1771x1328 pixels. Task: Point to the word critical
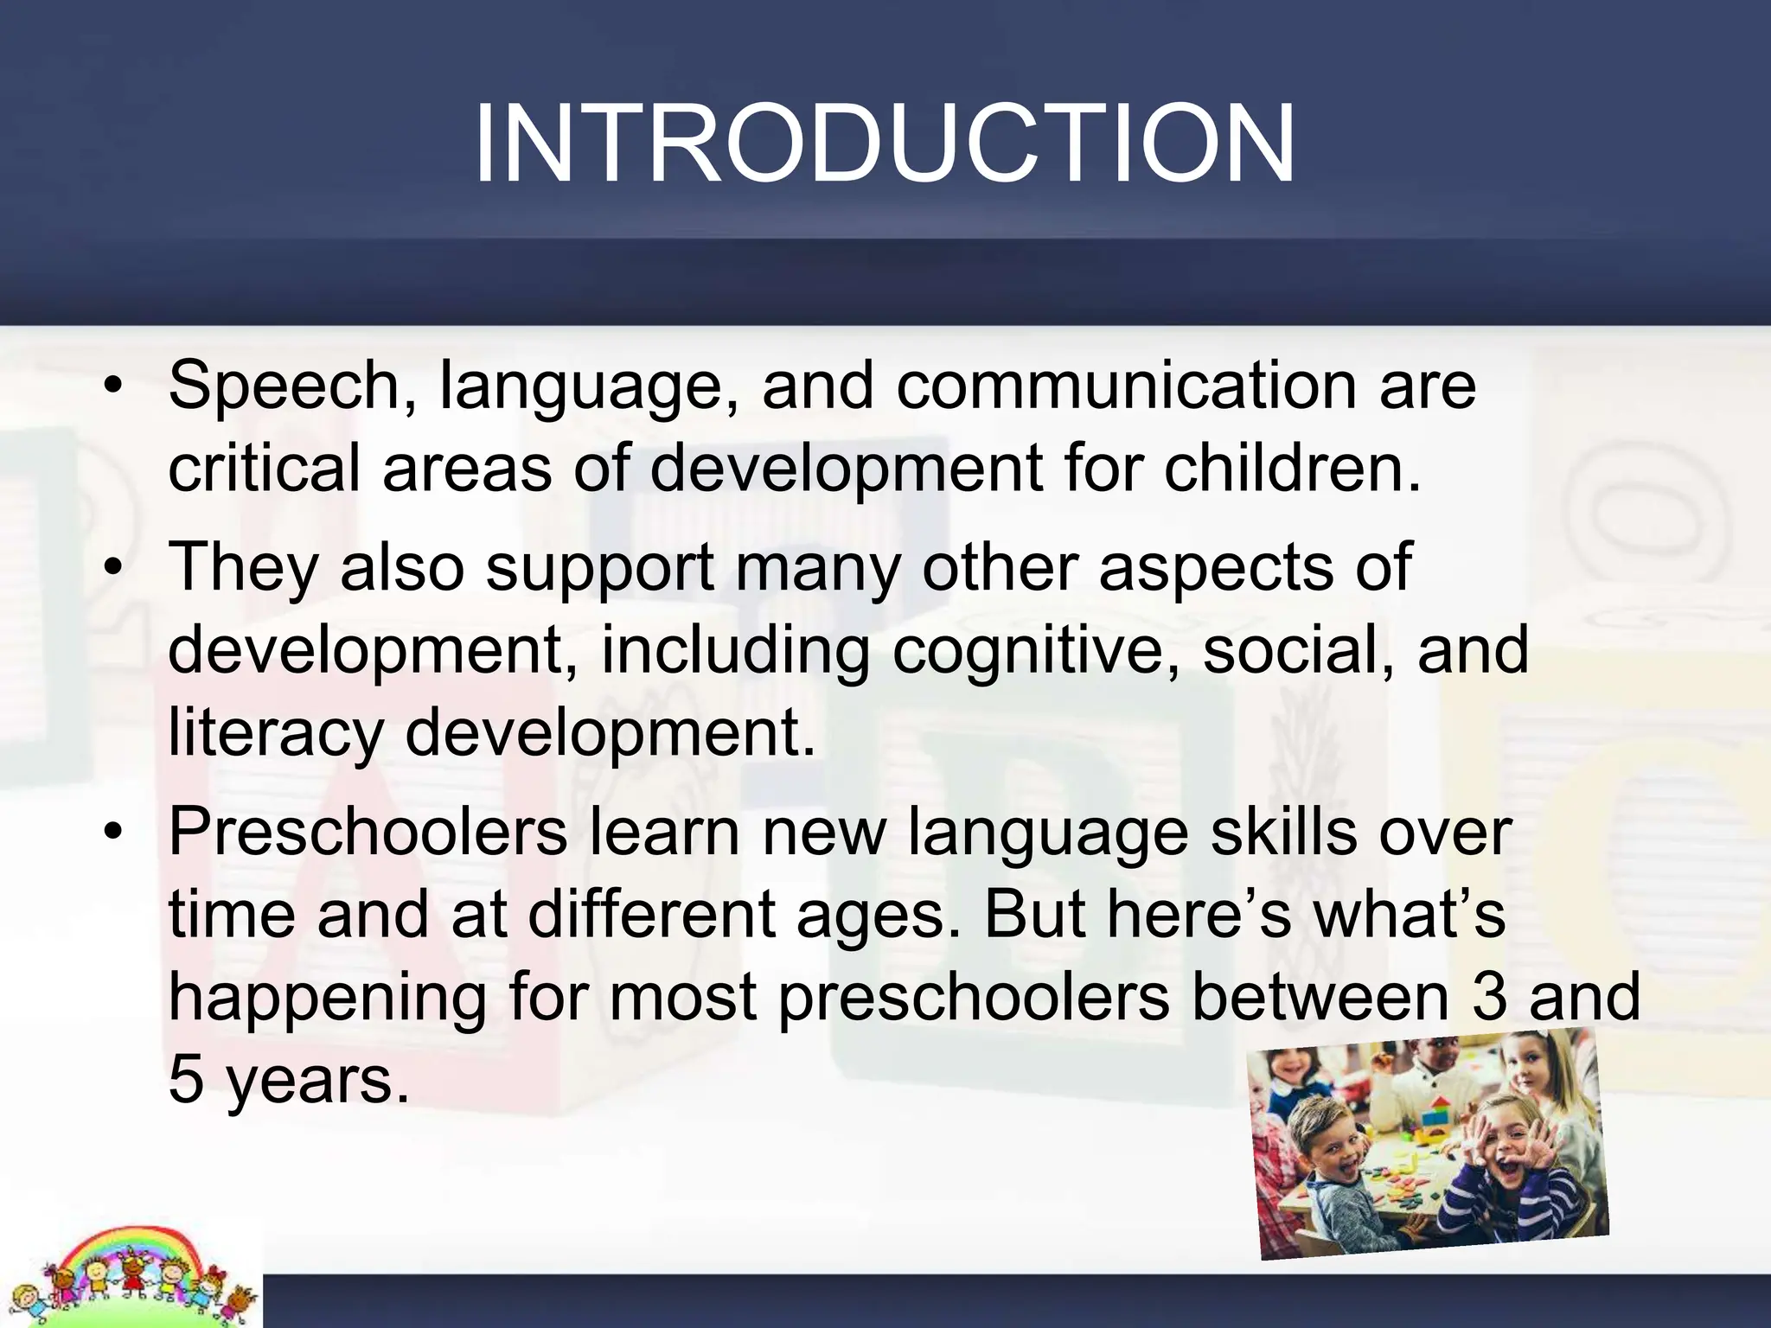pos(263,468)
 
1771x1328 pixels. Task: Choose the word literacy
pos(275,733)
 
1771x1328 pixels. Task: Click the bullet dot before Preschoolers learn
pos(112,832)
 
